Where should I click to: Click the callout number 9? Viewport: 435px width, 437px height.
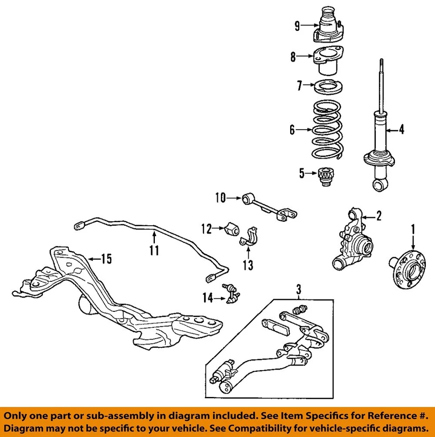click(x=297, y=26)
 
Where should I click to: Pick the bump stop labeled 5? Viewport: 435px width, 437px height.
click(x=325, y=177)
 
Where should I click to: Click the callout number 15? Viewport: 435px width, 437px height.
click(x=106, y=259)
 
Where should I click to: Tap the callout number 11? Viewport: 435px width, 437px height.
click(x=154, y=250)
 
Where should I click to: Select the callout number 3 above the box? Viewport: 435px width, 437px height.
click(x=299, y=289)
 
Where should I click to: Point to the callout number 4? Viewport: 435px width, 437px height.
click(x=401, y=130)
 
